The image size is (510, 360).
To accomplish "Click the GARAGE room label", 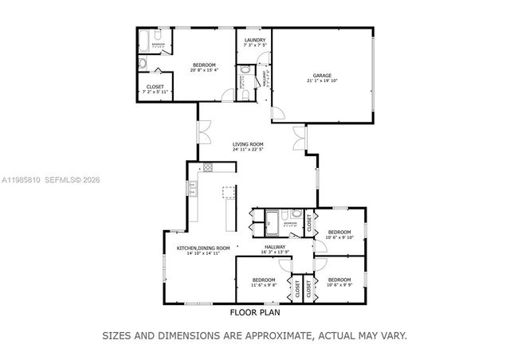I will [321, 75].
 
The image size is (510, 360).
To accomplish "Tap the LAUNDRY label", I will [254, 39].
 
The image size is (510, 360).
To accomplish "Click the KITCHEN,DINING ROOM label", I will [203, 248].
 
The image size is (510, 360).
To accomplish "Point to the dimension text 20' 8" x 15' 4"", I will [203, 70].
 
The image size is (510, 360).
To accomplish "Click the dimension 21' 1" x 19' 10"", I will [321, 81].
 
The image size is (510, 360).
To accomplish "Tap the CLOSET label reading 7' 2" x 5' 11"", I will [155, 92].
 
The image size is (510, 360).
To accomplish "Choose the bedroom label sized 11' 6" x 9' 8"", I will [264, 285].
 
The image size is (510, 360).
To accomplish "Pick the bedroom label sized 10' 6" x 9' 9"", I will [339, 285].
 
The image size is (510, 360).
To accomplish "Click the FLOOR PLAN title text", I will [254, 313].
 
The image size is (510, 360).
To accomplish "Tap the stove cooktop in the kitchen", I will [209, 167].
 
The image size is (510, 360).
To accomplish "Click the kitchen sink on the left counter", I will [191, 189].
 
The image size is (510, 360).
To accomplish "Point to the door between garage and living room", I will [278, 112].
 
